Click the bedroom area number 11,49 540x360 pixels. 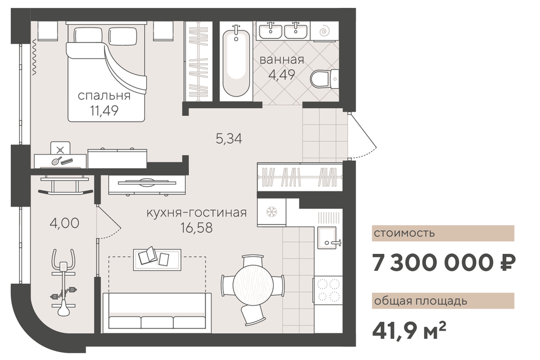click(x=104, y=111)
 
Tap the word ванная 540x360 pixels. click(x=282, y=60)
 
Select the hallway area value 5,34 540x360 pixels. click(x=229, y=138)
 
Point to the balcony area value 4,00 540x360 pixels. click(x=64, y=223)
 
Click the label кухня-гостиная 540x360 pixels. click(x=196, y=213)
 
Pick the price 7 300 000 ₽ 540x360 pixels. click(x=444, y=263)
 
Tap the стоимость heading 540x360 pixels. click(x=405, y=233)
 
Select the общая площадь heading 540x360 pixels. click(x=420, y=301)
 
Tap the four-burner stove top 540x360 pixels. click(x=328, y=291)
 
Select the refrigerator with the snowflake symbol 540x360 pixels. click(x=271, y=212)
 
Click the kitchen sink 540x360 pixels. click(x=327, y=238)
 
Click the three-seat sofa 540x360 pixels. click(x=157, y=313)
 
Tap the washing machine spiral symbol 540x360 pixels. click(x=323, y=32)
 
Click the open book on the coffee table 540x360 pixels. click(x=148, y=256)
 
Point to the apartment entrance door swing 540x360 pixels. click(x=363, y=136)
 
